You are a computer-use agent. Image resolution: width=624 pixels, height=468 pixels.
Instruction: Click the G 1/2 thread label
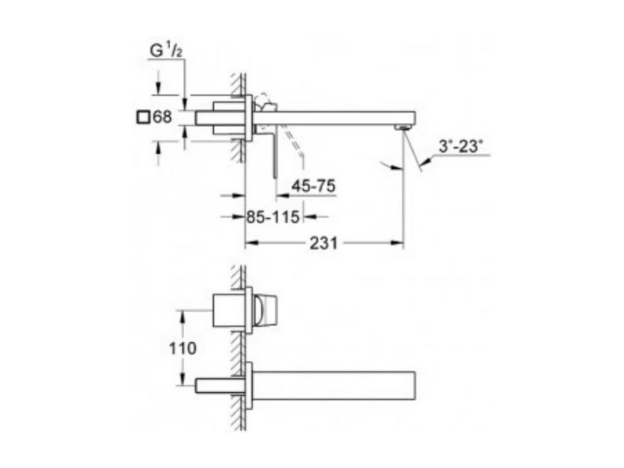pos(165,51)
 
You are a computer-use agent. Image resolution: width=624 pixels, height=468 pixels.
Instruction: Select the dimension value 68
pos(162,117)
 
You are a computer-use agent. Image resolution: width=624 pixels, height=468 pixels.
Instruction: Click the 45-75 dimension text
pos(313,186)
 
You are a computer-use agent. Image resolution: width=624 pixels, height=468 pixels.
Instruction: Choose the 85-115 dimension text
pos(273,217)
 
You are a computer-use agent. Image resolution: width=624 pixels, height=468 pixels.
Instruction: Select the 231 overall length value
pos(323,243)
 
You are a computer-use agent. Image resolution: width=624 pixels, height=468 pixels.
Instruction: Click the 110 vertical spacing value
pos(182,348)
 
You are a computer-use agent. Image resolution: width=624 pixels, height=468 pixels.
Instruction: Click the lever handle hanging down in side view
pos(275,156)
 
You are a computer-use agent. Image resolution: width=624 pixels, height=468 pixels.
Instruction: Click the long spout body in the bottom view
pos(335,385)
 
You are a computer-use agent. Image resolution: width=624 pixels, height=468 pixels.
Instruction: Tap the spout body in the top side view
pos(335,117)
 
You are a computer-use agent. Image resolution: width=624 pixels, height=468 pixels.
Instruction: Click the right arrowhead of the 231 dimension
pos(397,243)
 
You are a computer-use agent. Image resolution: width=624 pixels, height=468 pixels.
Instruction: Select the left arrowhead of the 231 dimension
pos(251,243)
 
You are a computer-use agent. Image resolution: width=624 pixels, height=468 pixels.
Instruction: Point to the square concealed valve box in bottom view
pos(229,311)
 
